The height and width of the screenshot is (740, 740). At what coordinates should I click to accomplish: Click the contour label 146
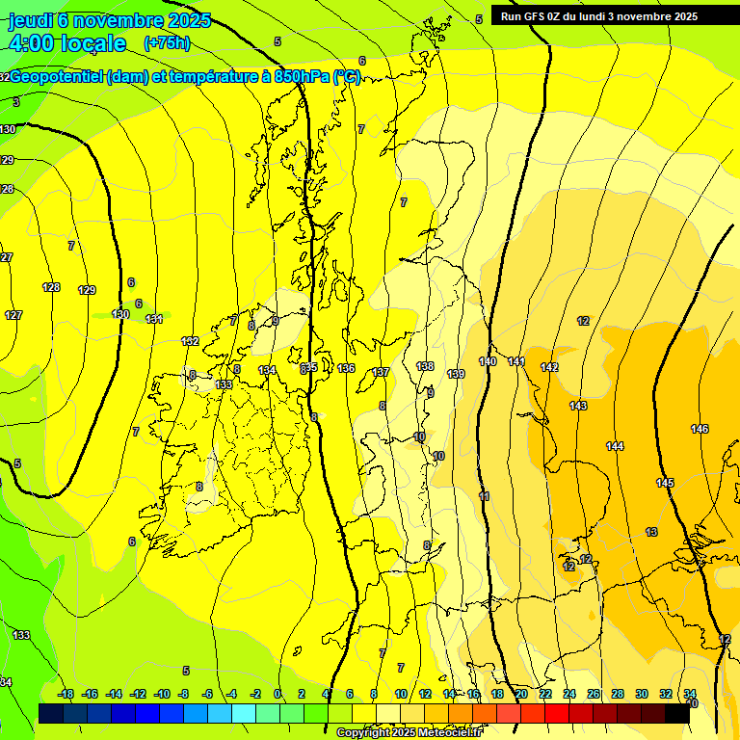point(700,429)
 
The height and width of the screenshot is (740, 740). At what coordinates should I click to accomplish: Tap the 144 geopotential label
point(615,446)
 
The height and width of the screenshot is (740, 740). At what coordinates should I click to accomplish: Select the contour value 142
point(549,367)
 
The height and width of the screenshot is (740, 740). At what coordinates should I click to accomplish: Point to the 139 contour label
point(457,374)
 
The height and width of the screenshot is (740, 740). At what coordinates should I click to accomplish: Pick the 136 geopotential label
point(347,368)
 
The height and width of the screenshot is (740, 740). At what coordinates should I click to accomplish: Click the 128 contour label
point(52,287)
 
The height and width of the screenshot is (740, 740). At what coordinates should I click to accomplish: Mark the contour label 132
point(190,341)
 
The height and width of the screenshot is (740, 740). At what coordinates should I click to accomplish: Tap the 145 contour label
point(665,483)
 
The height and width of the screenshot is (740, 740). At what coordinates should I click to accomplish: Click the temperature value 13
point(651,532)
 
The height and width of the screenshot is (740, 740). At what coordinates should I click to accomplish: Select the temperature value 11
point(484,496)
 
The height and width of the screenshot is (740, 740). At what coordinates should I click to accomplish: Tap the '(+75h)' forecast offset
point(167,43)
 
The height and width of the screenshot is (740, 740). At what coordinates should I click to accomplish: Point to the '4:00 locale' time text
point(67,43)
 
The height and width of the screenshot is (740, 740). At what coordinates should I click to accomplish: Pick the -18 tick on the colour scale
point(66,694)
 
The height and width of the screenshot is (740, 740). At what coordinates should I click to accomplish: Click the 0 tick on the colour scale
point(277,694)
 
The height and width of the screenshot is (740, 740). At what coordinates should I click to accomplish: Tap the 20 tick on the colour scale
point(520,694)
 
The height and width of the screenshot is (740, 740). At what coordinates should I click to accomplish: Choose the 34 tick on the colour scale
point(690,694)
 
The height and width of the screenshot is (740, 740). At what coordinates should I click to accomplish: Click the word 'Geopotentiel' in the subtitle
point(57,77)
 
